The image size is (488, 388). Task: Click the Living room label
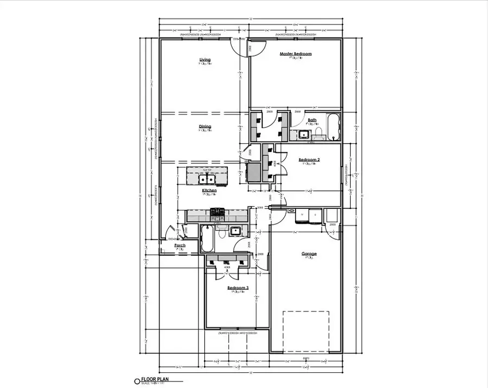(204, 60)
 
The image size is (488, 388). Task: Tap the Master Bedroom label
(296, 54)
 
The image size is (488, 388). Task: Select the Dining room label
(204, 126)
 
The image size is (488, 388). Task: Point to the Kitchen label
(209, 190)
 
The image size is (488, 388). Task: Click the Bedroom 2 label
(309, 160)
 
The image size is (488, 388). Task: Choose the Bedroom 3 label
(238, 288)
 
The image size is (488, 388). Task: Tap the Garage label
(309, 253)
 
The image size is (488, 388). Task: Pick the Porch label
(180, 245)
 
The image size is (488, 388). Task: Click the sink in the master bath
(304, 134)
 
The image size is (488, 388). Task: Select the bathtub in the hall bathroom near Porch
(207, 239)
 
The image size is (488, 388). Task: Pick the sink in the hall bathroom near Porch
(235, 231)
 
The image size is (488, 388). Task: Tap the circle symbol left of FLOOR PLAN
(137, 381)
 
